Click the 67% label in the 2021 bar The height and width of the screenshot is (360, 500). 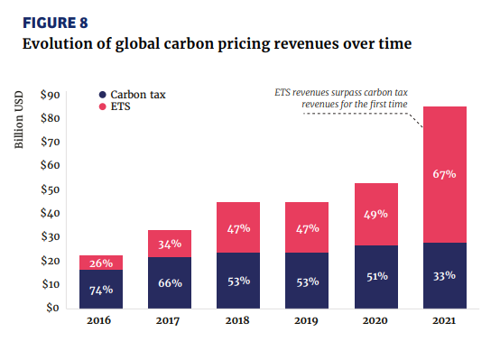point(445,173)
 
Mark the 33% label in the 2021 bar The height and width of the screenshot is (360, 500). point(445,276)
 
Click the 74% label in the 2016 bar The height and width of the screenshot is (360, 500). point(101,290)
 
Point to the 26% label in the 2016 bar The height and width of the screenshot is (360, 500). point(101,263)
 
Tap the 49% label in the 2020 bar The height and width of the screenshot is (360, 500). point(376,214)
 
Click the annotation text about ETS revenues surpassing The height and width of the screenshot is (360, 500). point(343,98)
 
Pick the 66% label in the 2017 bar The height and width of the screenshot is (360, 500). point(170,282)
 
